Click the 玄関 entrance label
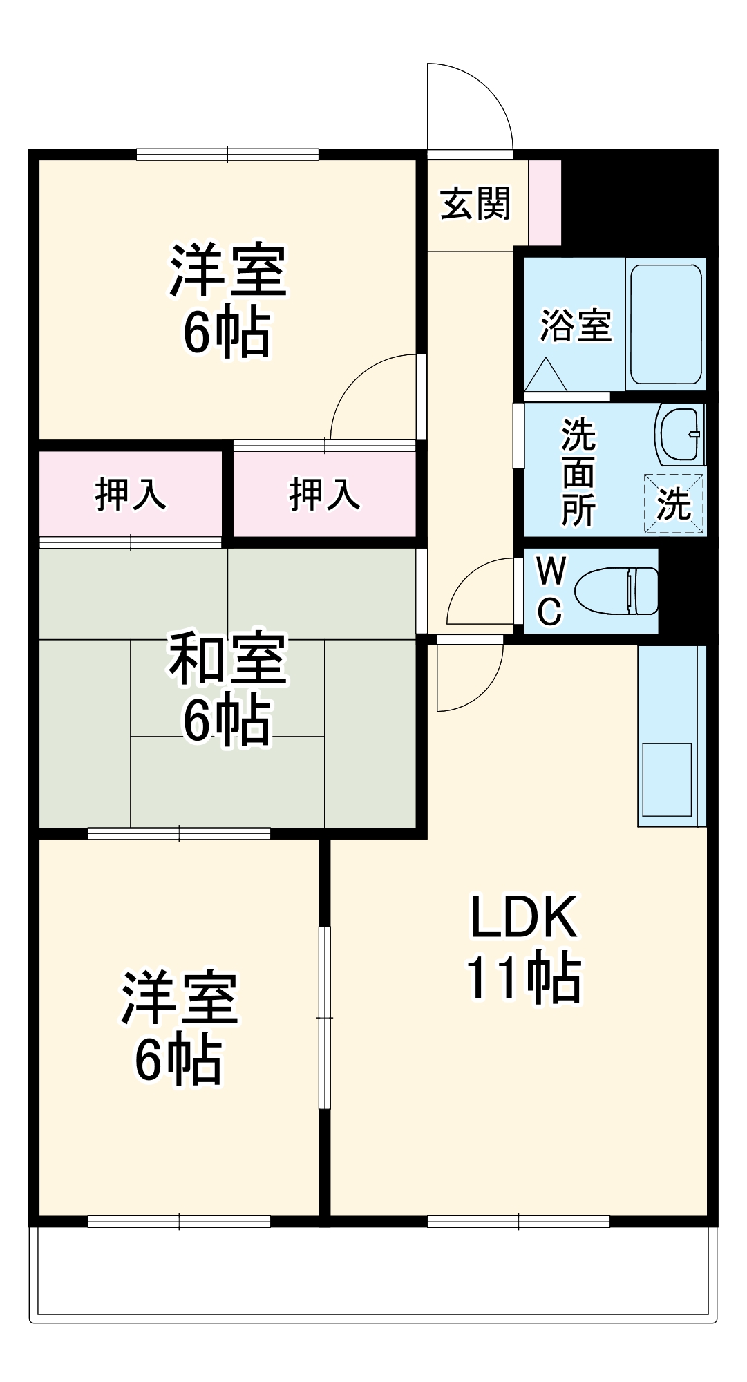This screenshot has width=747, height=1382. point(475,204)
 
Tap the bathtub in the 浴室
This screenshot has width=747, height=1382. point(665,323)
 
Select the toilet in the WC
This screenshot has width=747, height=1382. point(616,591)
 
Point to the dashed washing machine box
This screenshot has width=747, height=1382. point(674,504)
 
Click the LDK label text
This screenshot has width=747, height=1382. point(524,917)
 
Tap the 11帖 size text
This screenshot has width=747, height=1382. point(524,978)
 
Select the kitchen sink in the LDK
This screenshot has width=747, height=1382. point(667,779)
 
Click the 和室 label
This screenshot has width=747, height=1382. point(227,658)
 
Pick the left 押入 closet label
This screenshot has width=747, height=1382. point(131,494)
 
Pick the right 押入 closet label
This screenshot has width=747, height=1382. point(324,494)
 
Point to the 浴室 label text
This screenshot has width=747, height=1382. point(575,325)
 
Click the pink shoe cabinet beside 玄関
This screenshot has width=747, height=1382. point(545,202)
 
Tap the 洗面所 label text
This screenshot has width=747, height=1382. point(578,472)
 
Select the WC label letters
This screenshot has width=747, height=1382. point(550,591)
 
